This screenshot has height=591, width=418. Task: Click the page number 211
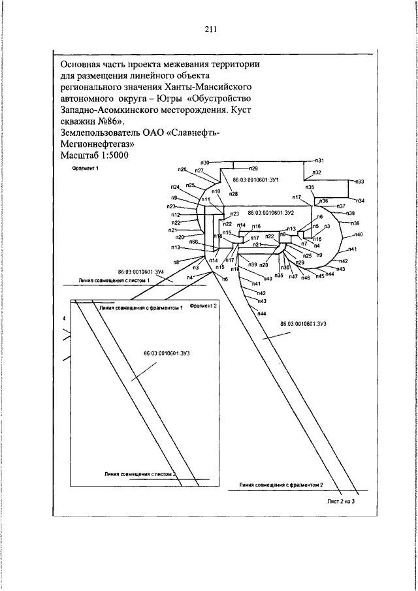(210, 29)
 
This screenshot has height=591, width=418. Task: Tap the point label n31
(320, 160)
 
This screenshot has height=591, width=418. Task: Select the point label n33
(360, 181)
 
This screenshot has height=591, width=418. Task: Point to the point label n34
(361, 200)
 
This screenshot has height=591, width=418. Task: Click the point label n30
(204, 162)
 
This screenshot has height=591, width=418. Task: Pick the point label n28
(233, 194)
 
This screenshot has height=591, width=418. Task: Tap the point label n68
(193, 242)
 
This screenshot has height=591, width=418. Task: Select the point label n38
(350, 214)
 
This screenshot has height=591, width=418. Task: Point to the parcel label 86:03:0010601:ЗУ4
(140, 271)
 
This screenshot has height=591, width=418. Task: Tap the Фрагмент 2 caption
(203, 305)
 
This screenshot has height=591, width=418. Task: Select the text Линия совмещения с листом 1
(114, 280)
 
